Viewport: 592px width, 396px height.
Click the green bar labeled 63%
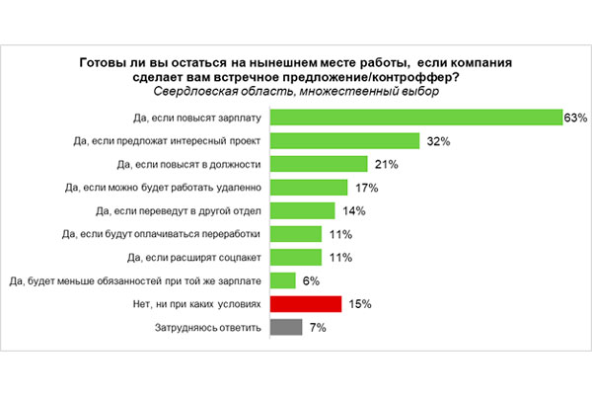click(x=414, y=118)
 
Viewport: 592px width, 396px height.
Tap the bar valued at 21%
click(x=318, y=164)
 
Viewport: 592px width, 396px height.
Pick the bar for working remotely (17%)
click(x=308, y=188)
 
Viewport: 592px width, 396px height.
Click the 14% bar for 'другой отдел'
click(x=301, y=210)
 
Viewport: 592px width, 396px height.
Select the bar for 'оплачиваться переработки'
click(x=295, y=234)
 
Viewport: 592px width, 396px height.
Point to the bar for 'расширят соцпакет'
click(x=295, y=257)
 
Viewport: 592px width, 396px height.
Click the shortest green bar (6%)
click(x=282, y=280)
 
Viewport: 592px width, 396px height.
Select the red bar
click(x=305, y=303)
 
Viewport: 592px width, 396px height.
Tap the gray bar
click(x=285, y=327)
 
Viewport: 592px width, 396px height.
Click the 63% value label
click(x=574, y=118)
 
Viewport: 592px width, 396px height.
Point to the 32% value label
click(x=438, y=141)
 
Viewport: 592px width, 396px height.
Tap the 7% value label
click(x=318, y=327)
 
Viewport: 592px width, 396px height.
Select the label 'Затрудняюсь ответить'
click(x=208, y=327)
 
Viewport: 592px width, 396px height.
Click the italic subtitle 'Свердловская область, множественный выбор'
click(x=296, y=92)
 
